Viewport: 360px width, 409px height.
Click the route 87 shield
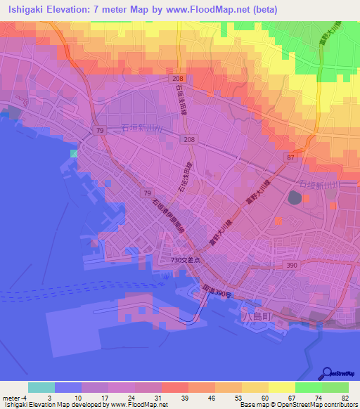point(291,159)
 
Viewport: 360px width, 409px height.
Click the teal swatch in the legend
point(41,387)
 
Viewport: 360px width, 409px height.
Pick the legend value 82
point(345,397)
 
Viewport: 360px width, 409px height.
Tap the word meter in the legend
point(11,397)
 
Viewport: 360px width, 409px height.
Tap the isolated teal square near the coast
point(74,153)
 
